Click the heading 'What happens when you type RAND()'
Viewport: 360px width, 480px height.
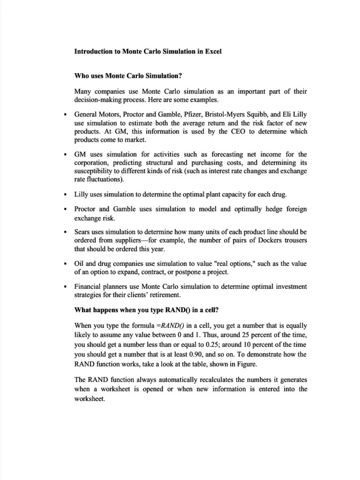coord(140,310)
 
